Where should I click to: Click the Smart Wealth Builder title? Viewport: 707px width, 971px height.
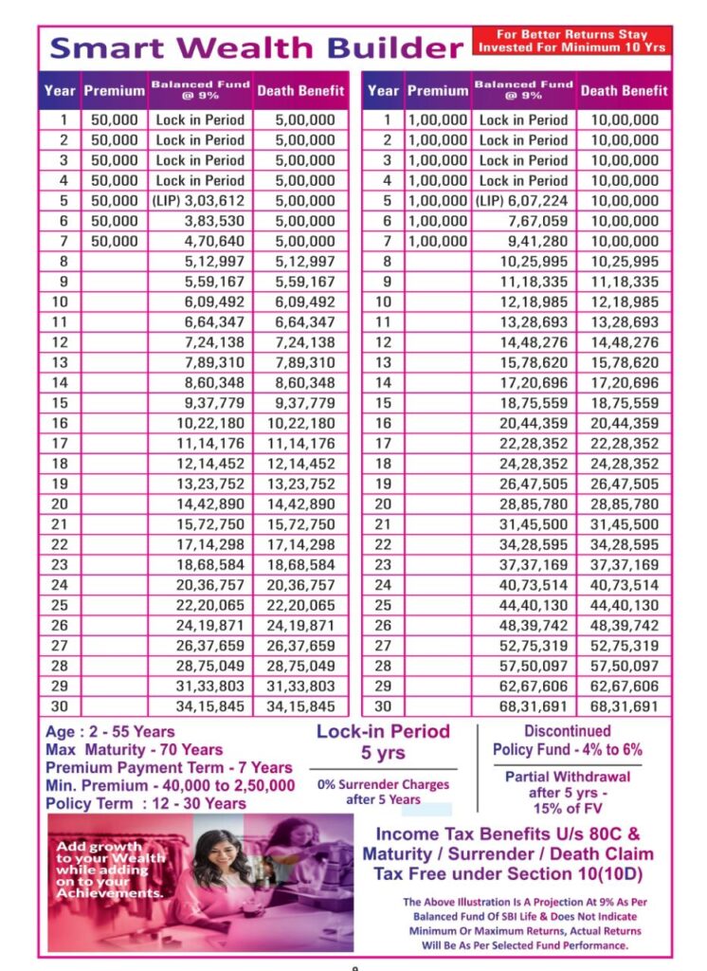pyautogui.click(x=256, y=47)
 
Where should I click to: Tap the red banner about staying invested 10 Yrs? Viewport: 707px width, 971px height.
pyautogui.click(x=571, y=41)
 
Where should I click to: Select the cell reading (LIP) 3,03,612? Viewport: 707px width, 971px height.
pyautogui.click(x=199, y=201)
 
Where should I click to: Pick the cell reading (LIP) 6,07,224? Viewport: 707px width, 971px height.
pyautogui.click(x=523, y=201)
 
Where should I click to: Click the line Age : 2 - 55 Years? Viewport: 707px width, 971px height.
pyautogui.click(x=110, y=733)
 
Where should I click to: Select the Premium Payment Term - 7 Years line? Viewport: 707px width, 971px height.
pyautogui.click(x=169, y=768)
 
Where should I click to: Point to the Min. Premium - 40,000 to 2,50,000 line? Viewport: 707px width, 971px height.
pyautogui.click(x=170, y=785)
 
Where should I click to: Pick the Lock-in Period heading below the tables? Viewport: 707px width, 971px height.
pyautogui.click(x=383, y=731)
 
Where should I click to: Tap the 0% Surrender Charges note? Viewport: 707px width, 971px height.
pyautogui.click(x=383, y=792)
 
